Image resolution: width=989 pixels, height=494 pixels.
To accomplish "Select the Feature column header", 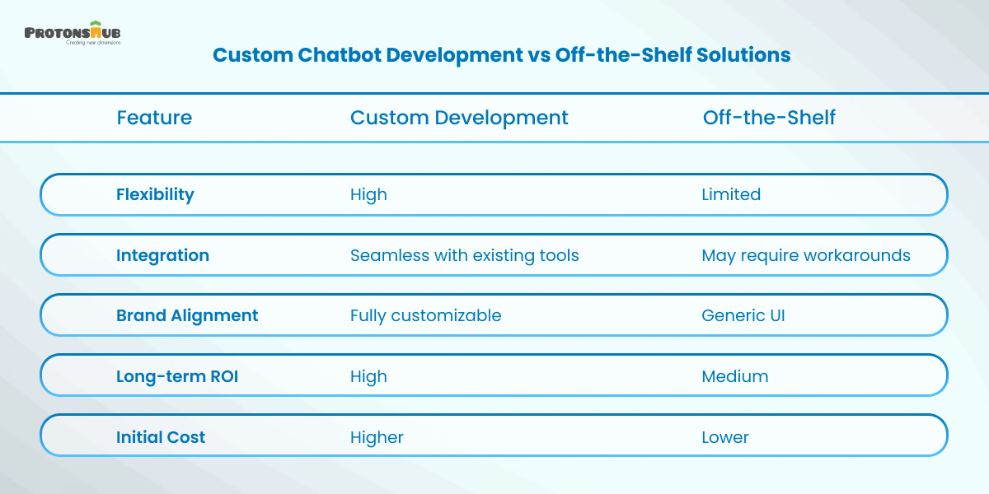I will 154,118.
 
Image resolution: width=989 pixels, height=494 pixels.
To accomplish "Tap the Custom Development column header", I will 459,118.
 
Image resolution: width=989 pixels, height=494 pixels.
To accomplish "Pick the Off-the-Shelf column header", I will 769,118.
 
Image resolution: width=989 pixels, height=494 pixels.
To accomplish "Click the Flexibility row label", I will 155,194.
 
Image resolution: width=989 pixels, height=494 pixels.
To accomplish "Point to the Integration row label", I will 162,255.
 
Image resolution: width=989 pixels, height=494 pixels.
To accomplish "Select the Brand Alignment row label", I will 187,315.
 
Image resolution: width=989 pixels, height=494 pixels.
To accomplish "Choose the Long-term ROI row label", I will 177,376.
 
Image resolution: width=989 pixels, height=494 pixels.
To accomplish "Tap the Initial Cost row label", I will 161,437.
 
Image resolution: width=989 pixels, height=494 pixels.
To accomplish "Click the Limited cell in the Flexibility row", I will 731,194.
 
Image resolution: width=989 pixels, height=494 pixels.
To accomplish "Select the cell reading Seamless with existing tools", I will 464,255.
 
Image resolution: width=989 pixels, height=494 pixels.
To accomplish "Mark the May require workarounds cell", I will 806,255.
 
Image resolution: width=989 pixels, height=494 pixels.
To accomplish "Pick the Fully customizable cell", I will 425,315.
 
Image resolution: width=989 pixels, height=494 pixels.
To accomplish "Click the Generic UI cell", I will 743,315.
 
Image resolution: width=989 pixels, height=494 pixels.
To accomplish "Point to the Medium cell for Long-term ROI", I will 734,376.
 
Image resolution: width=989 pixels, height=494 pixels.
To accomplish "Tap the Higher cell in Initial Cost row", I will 377,437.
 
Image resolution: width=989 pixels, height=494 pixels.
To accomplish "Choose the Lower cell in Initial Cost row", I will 725,437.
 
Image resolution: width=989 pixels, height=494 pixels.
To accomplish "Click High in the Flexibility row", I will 368,194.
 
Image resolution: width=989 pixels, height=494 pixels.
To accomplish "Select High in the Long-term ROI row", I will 368,376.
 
